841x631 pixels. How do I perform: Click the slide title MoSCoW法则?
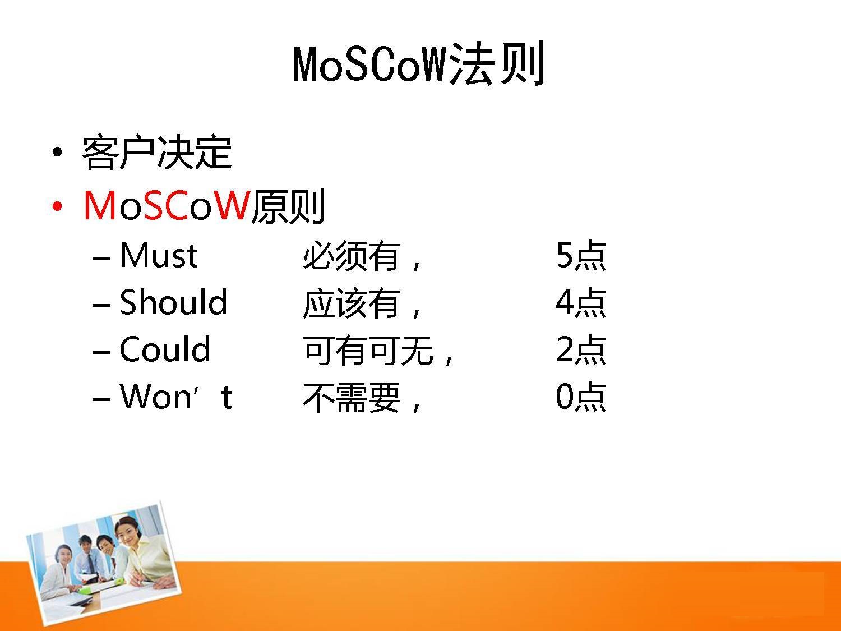point(418,64)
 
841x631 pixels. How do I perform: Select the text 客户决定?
point(156,153)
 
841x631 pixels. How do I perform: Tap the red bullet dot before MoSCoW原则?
point(58,206)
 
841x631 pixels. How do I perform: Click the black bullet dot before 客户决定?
point(58,152)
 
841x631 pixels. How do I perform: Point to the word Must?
point(159,256)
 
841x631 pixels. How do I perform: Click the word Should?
point(174,302)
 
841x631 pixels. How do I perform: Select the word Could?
point(165,349)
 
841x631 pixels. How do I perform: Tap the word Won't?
point(176,396)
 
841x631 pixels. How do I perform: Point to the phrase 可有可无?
point(368,350)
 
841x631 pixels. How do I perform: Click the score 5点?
point(581,256)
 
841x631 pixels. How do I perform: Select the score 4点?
point(581,303)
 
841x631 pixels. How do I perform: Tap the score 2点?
point(581,350)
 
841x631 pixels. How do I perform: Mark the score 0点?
point(581,397)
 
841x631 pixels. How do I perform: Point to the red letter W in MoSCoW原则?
point(230,206)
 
